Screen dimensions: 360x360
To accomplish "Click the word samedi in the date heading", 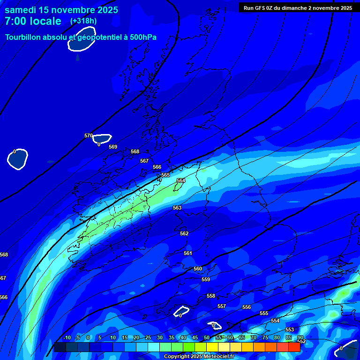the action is (x=21, y=10).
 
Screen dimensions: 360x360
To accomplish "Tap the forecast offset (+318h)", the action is (x=83, y=21).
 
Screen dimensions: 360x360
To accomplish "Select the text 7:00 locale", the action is (x=33, y=21).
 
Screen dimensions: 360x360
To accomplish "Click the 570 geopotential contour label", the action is (x=89, y=136).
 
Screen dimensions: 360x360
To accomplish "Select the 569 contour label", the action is (x=113, y=147).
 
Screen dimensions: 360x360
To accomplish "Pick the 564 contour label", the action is (x=181, y=180).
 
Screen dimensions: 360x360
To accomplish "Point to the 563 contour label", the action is (x=177, y=208).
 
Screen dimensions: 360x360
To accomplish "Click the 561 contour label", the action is (x=188, y=253).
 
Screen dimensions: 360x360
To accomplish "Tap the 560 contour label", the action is (x=198, y=269).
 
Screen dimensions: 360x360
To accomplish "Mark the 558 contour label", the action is (x=211, y=296).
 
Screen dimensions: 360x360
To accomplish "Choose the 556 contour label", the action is (x=247, y=307).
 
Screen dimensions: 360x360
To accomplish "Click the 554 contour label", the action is (x=275, y=321).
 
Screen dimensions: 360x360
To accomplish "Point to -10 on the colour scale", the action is (x=67, y=337).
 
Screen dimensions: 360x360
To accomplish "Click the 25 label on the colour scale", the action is (x=148, y=337).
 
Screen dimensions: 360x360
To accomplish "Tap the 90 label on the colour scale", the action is (x=300, y=337).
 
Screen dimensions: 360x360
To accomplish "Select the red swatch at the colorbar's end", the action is (x=294, y=347).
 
